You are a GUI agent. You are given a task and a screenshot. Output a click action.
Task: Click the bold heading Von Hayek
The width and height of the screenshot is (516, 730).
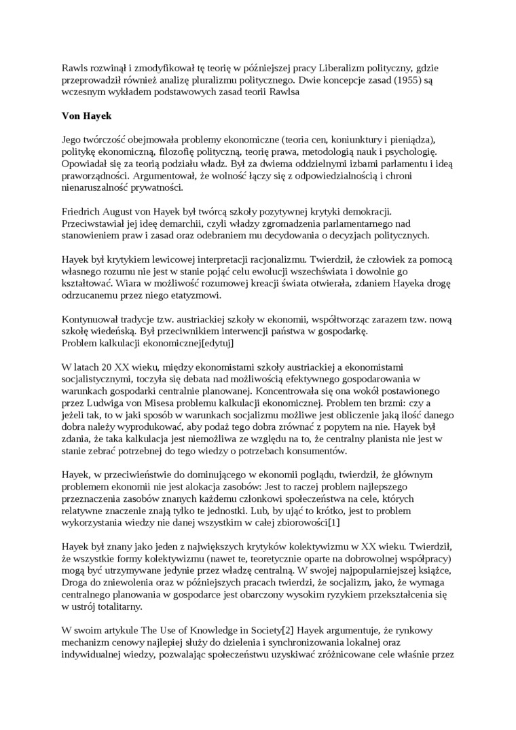pos(87,116)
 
